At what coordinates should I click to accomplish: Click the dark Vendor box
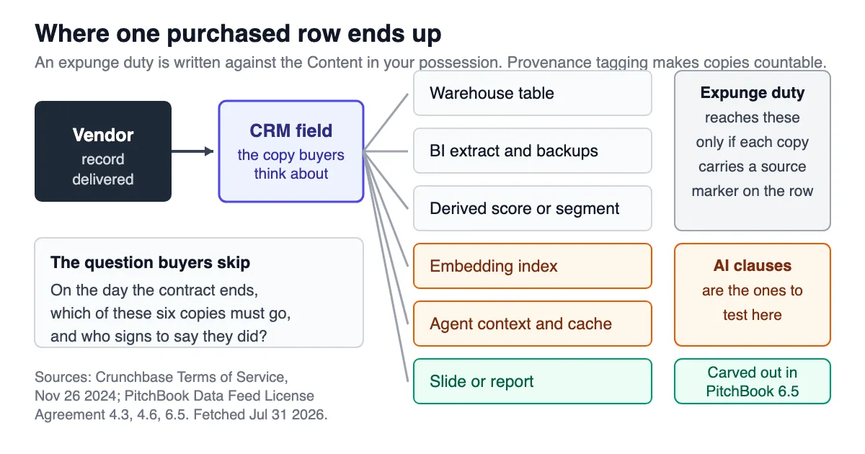pyautogui.click(x=103, y=151)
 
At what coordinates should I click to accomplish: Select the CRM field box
pyautogui.click(x=291, y=151)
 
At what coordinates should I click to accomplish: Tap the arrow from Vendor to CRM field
pyautogui.click(x=192, y=151)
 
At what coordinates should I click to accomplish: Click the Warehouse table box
pyautogui.click(x=533, y=93)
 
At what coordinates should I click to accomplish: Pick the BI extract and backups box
pyautogui.click(x=533, y=151)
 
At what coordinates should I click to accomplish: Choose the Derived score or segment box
pyautogui.click(x=533, y=208)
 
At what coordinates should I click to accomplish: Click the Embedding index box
pyautogui.click(x=533, y=266)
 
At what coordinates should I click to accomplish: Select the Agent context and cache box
pyautogui.click(x=533, y=324)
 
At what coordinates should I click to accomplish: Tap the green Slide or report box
pyautogui.click(x=533, y=381)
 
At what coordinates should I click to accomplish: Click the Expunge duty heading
pyautogui.click(x=753, y=93)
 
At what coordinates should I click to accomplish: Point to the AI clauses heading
pyautogui.click(x=753, y=266)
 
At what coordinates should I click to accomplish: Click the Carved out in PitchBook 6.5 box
pyautogui.click(x=753, y=381)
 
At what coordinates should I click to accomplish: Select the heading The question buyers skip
pyautogui.click(x=150, y=262)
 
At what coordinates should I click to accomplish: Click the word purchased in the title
pyautogui.click(x=229, y=34)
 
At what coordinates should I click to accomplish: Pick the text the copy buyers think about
pyautogui.click(x=290, y=164)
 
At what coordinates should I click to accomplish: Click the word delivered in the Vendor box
pyautogui.click(x=103, y=179)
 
